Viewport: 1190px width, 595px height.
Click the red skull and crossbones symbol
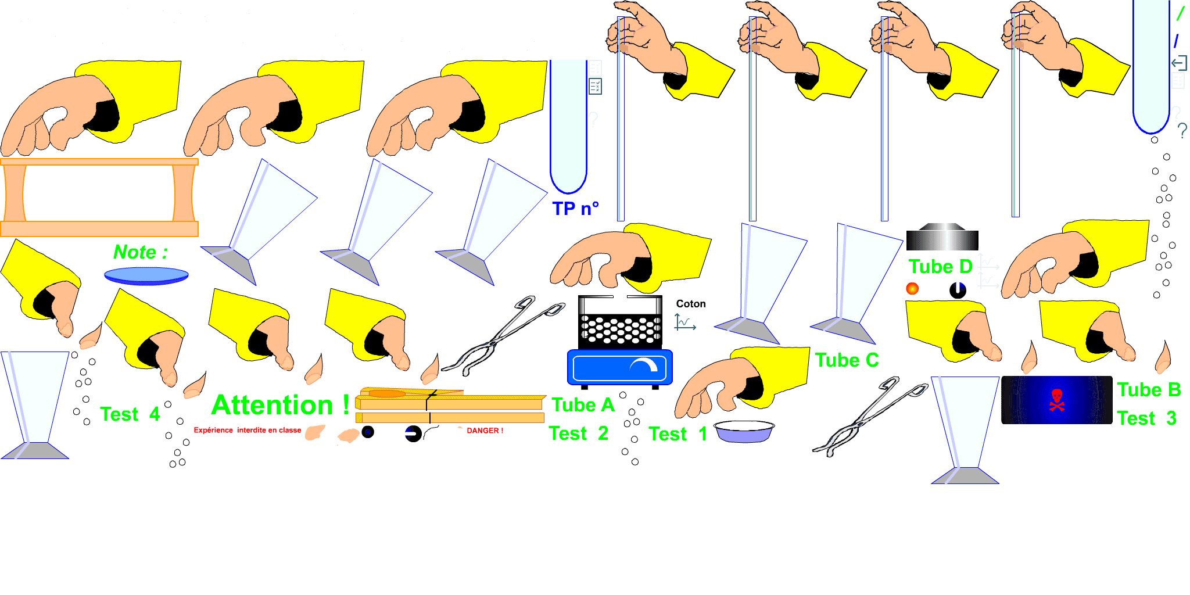[x=1057, y=400]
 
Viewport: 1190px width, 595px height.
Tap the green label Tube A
[x=583, y=405]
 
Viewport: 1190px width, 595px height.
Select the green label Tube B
[x=1149, y=390]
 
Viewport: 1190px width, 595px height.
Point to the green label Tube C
[x=847, y=360]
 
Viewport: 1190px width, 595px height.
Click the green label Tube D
[x=940, y=267]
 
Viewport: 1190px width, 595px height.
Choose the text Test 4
[x=130, y=414]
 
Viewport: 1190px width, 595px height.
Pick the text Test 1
[x=678, y=434]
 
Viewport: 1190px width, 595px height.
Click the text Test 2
[x=578, y=433]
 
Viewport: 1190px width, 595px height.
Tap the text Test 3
[x=1146, y=418]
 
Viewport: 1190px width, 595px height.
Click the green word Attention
[x=272, y=405]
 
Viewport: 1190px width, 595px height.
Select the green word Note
[x=135, y=252]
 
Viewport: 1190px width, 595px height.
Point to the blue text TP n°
[x=575, y=209]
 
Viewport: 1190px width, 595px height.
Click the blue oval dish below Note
[x=146, y=275]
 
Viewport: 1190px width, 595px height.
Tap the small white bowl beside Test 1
[x=744, y=432]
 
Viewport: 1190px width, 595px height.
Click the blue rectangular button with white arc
[x=619, y=367]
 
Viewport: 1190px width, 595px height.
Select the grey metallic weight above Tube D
[x=942, y=237]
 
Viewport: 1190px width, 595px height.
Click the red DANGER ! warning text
[x=485, y=431]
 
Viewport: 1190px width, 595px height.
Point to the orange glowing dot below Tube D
[x=912, y=288]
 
